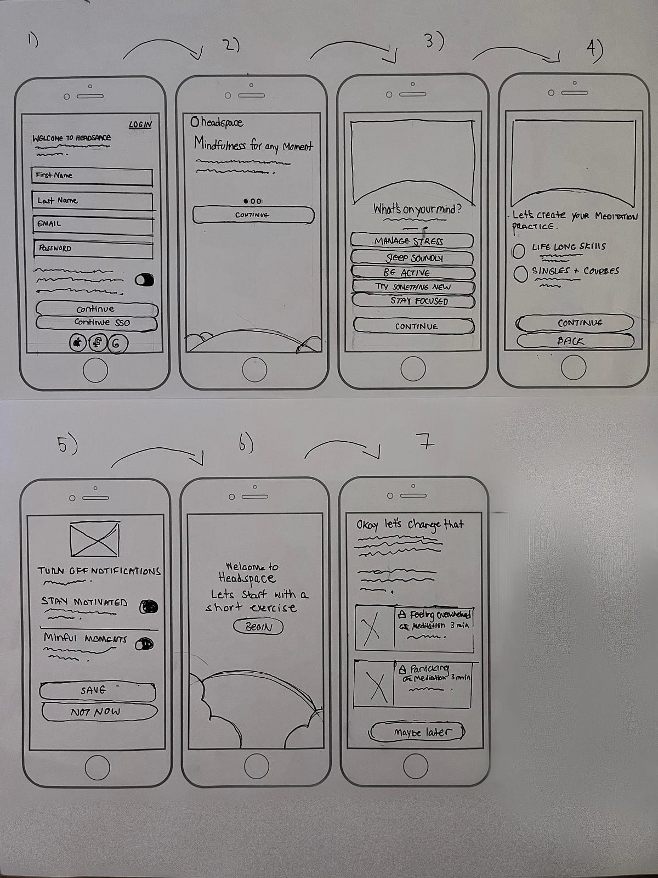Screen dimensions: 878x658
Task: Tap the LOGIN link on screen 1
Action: [x=140, y=125]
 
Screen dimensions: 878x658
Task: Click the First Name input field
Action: [x=92, y=176]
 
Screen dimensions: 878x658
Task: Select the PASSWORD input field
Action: [x=92, y=249]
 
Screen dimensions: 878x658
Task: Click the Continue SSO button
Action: [x=97, y=323]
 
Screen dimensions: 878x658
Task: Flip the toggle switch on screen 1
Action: [x=144, y=280]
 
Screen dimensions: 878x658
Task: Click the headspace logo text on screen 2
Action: [x=217, y=122]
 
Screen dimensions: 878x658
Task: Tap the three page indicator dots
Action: [x=252, y=201]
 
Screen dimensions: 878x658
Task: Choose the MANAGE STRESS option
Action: [x=412, y=241]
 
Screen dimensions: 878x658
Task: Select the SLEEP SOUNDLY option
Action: [x=412, y=257]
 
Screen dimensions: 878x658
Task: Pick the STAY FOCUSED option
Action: [x=412, y=301]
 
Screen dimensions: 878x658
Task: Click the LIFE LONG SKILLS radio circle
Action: [x=519, y=251]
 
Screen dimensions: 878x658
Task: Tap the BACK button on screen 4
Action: [x=574, y=341]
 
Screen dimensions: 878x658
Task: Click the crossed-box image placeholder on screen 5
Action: [x=95, y=538]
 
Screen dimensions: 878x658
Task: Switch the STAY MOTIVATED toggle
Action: [x=149, y=606]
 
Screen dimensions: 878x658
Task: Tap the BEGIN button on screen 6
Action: [x=258, y=627]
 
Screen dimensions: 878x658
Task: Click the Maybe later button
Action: [x=418, y=732]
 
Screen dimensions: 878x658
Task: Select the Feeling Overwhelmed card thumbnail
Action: [x=374, y=629]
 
